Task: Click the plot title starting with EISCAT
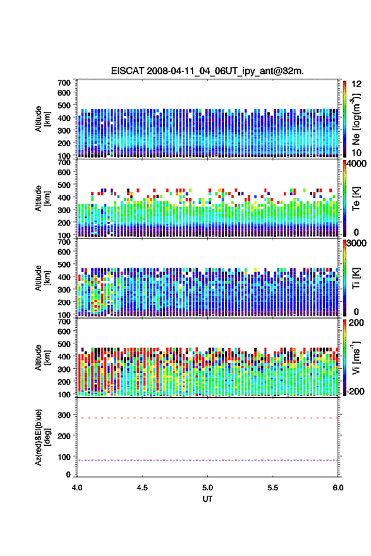tap(207, 71)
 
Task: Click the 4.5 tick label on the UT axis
tap(142, 488)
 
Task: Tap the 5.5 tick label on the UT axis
tap(272, 488)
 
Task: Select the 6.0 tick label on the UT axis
tap(338, 488)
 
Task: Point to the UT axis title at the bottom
tap(207, 499)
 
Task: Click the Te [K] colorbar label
tap(356, 199)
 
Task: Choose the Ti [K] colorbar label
tap(356, 278)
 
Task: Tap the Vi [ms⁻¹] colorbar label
tap(356, 357)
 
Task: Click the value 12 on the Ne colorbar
tap(356, 84)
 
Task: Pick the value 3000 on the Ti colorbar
tap(356, 243)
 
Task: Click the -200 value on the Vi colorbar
tap(356, 391)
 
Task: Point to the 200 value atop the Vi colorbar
tap(356, 323)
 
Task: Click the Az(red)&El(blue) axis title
tap(43, 437)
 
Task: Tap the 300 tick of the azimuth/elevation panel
tap(64, 415)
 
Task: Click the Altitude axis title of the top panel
tap(43, 119)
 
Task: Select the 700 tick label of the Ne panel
tap(64, 83)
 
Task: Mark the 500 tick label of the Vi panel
tap(64, 343)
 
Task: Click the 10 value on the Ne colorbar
tap(356, 152)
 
